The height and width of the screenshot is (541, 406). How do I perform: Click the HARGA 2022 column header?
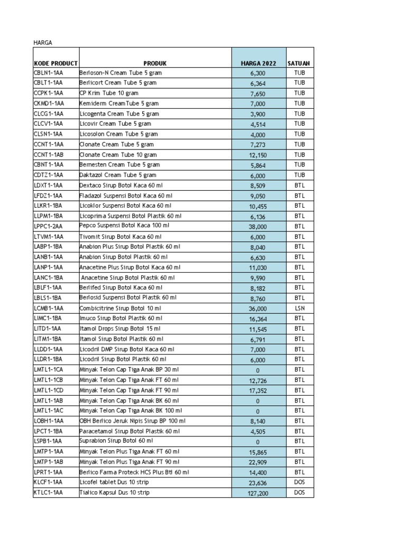(x=259, y=63)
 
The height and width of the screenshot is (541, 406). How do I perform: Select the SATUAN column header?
(x=299, y=63)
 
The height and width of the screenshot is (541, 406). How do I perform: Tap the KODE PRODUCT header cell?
(x=56, y=63)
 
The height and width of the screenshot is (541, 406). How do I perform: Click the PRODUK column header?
(x=155, y=63)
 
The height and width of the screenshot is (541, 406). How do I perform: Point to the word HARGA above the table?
(x=43, y=42)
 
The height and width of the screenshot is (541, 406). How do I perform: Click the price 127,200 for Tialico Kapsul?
(x=259, y=493)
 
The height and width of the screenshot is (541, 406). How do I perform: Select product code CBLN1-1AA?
(x=48, y=72)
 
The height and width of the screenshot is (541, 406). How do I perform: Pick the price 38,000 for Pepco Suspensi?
(x=259, y=226)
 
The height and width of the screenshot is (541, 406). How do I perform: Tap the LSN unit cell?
(x=300, y=308)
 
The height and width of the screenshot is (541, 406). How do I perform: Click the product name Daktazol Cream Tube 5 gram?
(x=118, y=175)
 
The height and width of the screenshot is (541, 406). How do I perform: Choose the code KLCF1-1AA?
(x=48, y=482)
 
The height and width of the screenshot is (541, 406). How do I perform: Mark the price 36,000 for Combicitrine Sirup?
(x=259, y=309)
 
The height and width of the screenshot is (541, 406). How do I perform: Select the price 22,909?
(x=259, y=462)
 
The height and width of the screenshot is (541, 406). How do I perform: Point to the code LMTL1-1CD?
(x=48, y=390)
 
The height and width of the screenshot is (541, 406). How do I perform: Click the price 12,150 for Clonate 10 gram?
(x=259, y=154)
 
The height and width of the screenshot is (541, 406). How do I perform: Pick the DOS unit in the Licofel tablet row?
(x=300, y=482)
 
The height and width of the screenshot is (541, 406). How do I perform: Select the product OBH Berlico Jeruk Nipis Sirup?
(x=132, y=421)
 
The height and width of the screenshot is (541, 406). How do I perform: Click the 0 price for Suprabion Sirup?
(x=259, y=442)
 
